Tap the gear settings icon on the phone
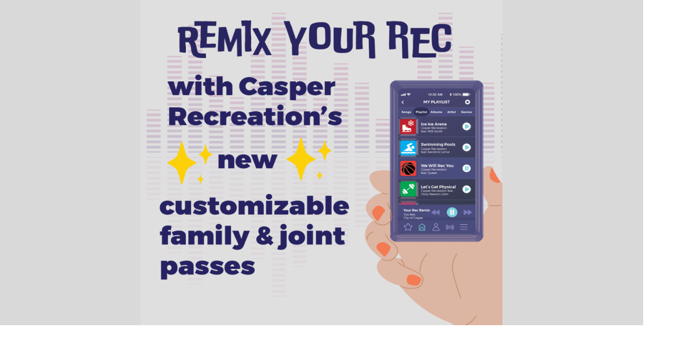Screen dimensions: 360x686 point(467,102)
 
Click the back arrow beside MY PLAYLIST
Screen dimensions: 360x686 point(403,102)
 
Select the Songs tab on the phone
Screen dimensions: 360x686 point(407,112)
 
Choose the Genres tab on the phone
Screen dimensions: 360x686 point(466,112)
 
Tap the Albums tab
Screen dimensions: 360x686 point(436,112)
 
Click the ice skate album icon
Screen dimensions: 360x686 point(408,127)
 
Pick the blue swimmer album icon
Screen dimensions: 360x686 point(408,147)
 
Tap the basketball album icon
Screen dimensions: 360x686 point(408,168)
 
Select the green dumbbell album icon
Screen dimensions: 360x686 point(408,189)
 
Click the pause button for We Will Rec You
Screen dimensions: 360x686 point(467,168)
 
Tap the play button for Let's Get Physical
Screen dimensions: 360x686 point(467,189)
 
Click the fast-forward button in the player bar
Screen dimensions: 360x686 point(468,213)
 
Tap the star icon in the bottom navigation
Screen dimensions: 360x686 point(408,227)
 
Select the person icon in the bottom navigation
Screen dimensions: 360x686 point(436,227)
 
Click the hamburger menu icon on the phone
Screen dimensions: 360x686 point(464,227)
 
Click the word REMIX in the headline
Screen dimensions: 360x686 point(225,40)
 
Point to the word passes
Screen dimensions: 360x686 point(207,266)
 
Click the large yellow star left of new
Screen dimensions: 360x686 point(182,163)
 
